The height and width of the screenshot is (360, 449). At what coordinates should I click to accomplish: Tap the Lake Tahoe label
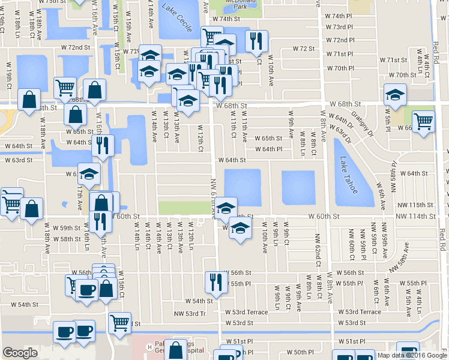tap(348, 175)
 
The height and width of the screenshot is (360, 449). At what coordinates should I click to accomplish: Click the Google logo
tap(20, 353)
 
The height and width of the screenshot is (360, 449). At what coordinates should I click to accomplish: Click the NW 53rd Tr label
tap(190, 313)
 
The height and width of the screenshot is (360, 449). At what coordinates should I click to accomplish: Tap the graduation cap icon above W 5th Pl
tap(395, 94)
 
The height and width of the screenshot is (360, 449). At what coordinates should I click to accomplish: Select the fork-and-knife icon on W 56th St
tap(214, 281)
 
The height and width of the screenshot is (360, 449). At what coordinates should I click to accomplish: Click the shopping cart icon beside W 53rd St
tap(120, 322)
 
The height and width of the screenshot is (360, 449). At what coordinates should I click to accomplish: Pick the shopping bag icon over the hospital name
tap(175, 350)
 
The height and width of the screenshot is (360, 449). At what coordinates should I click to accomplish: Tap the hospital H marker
tap(149, 346)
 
